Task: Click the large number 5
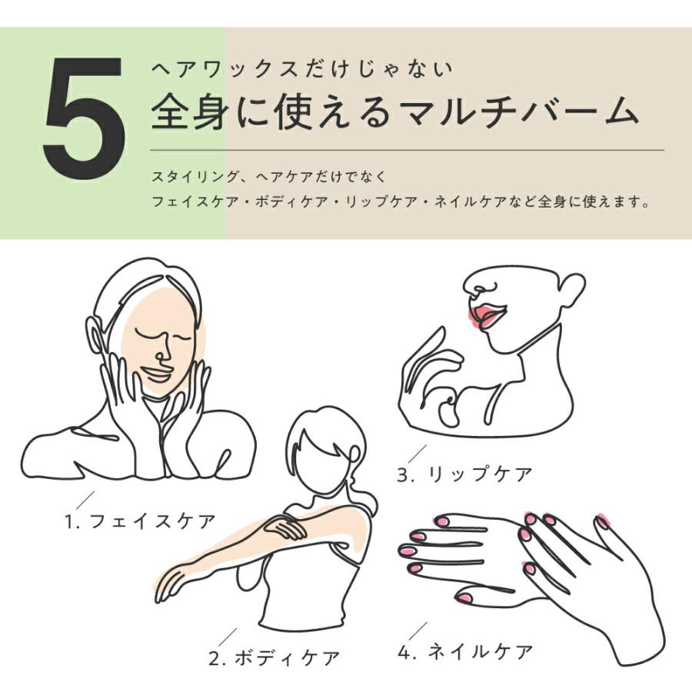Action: pos(84,119)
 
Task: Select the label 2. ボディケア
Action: pos(274,658)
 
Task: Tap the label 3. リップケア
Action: pos(464,474)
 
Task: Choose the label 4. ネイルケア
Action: pos(465,652)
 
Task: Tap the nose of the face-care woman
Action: pos(163,352)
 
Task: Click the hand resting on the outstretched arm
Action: pos(284,527)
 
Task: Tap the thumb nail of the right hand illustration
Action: pos(602,522)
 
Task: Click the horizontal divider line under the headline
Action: pos(408,149)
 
